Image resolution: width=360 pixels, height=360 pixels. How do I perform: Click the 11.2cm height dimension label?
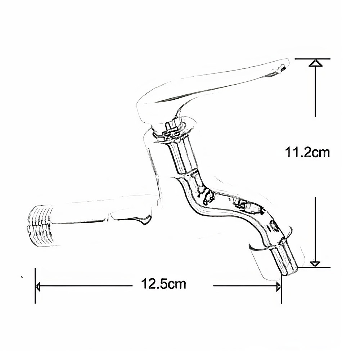[x=307, y=152]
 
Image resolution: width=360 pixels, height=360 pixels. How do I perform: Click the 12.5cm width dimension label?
[x=163, y=284]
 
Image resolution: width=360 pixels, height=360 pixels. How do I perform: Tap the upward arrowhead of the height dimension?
[x=316, y=63]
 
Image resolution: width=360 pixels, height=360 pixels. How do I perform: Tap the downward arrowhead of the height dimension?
[x=315, y=264]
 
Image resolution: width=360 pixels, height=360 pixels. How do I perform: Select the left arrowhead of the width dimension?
[x=39, y=286]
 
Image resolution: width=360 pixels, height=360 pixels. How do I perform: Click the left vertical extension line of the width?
[x=35, y=285]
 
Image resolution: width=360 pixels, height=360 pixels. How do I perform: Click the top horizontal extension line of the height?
[x=312, y=59]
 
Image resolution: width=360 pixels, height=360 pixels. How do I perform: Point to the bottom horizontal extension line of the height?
[x=314, y=267]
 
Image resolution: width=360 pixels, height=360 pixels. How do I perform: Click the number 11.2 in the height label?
[x=298, y=152]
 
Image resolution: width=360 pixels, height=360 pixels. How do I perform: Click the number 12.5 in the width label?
[x=153, y=284]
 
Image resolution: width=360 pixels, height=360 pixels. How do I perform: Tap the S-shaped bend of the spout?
[x=216, y=202]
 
